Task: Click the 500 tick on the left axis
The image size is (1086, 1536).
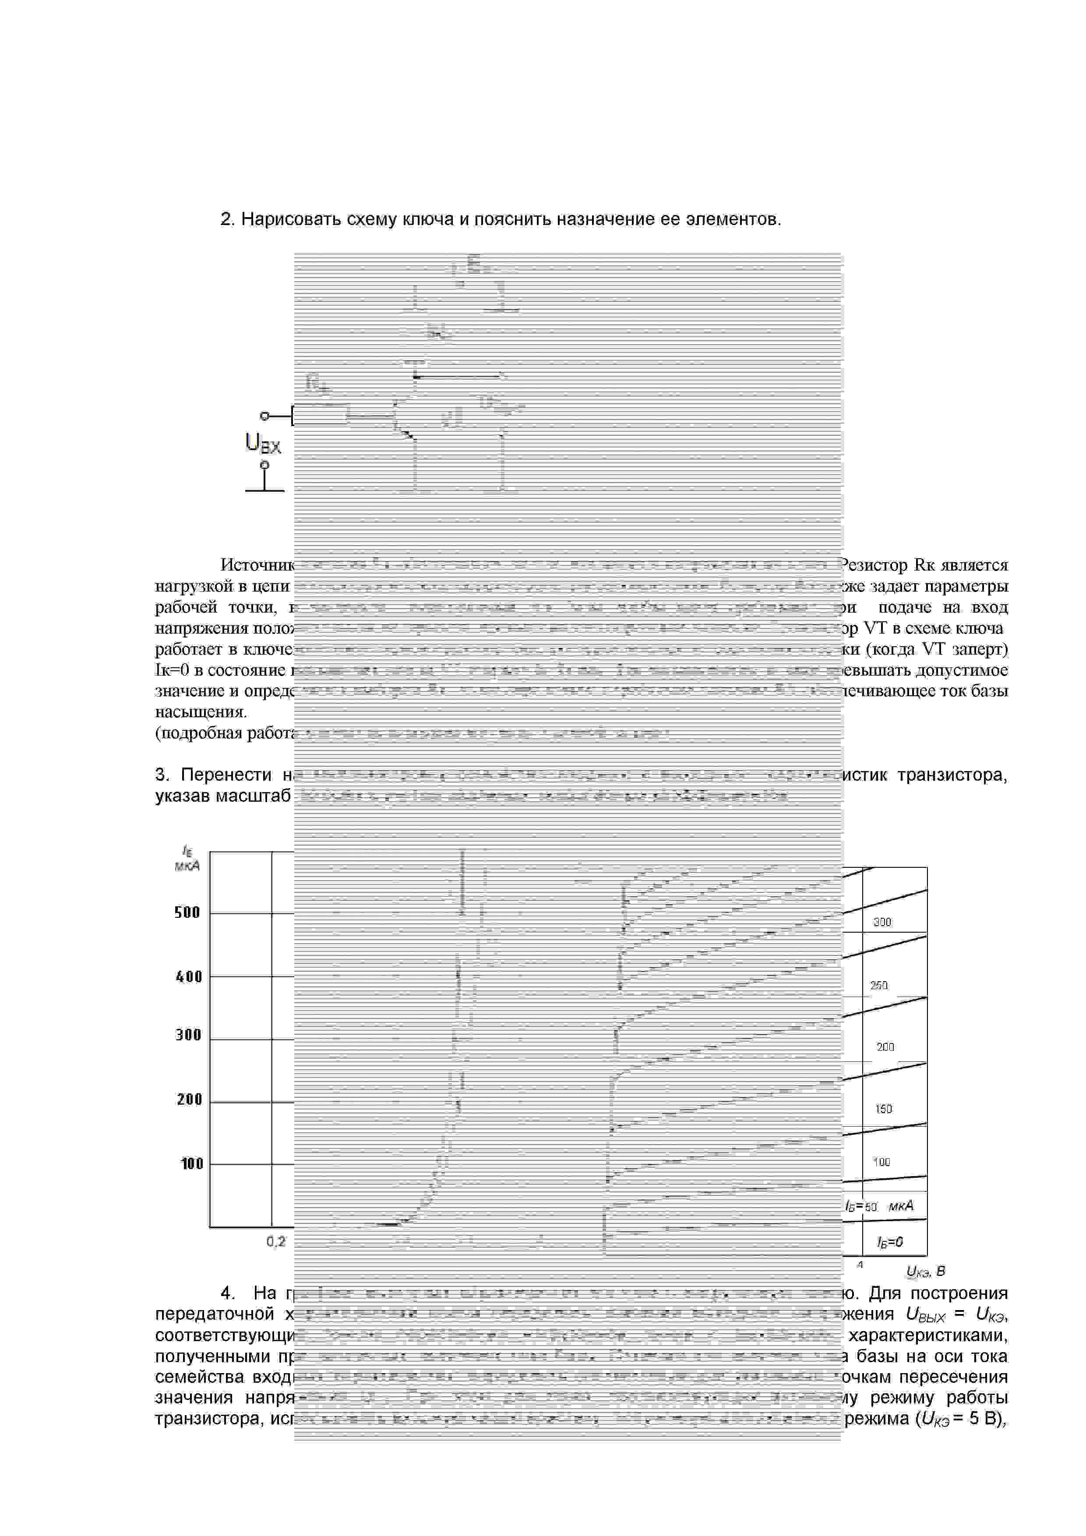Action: (x=187, y=912)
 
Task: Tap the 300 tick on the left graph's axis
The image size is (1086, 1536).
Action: (x=188, y=1036)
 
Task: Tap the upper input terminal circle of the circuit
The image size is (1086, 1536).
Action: (x=264, y=416)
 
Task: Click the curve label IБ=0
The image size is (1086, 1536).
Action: (x=890, y=1242)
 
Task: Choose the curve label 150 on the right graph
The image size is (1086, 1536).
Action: (x=883, y=1109)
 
